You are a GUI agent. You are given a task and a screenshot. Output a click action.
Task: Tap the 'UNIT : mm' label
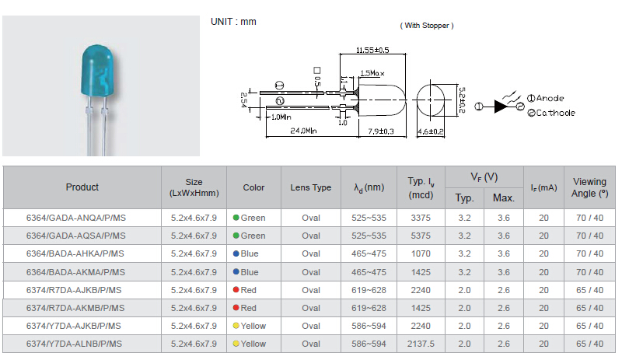[233, 21]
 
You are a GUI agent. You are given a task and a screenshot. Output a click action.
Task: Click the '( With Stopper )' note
[427, 26]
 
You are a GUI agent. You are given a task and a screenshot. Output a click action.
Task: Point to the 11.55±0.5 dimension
[372, 50]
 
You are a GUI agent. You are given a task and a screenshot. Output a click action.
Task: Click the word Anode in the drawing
[550, 98]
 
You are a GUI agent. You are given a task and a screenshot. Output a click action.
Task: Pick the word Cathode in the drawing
[555, 113]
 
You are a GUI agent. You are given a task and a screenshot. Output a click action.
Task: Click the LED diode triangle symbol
[501, 107]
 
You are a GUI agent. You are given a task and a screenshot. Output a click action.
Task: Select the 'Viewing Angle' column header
[590, 187]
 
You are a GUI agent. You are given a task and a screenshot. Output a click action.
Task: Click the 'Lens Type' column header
[310, 187]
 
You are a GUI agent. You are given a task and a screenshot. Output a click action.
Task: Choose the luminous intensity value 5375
[420, 236]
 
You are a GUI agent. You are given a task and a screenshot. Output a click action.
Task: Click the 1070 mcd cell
[420, 253]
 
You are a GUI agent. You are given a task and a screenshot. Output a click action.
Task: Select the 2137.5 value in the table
[420, 344]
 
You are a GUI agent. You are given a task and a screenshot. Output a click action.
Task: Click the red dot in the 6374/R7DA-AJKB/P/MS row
[236, 290]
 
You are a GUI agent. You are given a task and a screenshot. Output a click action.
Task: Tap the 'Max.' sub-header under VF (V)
[504, 197]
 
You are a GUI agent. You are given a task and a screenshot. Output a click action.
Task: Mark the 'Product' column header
[82, 187]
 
